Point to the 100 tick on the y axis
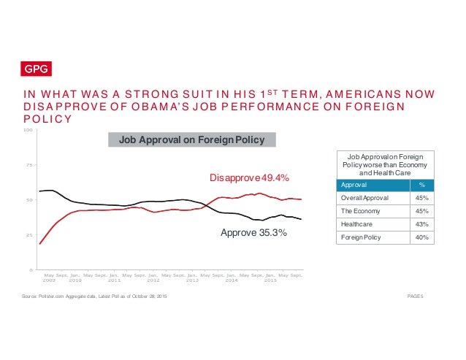(x=28, y=131)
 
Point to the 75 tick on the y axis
(x=30, y=166)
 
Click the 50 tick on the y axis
(x=30, y=200)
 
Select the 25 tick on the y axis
(x=30, y=235)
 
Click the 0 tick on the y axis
(x=31, y=270)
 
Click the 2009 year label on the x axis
(x=49, y=280)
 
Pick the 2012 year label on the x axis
(x=153, y=280)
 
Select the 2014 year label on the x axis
(x=232, y=280)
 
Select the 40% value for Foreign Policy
(x=421, y=237)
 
